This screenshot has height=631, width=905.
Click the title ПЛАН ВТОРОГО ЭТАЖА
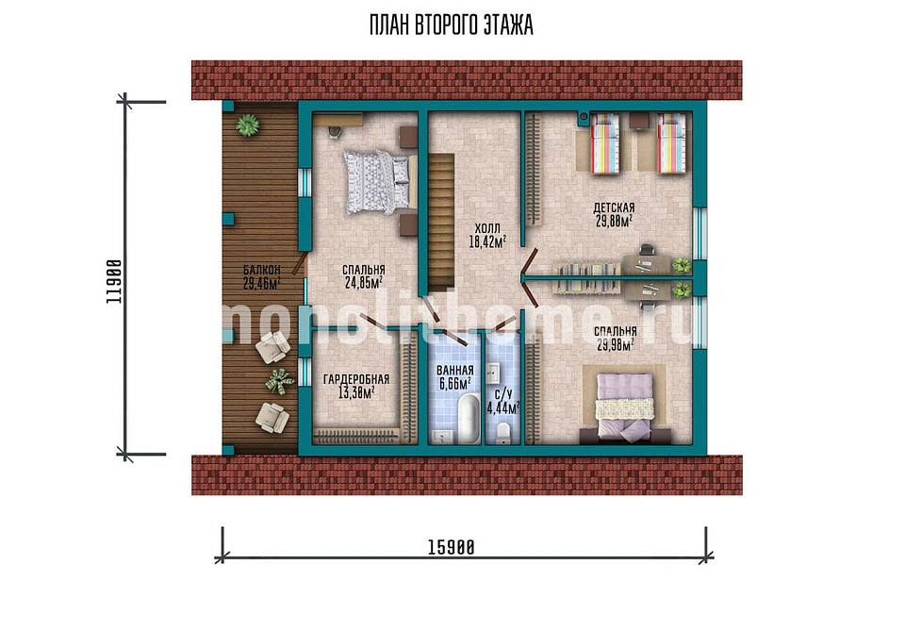452,25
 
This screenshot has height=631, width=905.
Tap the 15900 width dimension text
452,547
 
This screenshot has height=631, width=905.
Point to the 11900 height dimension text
114,282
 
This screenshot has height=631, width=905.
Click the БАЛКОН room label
261,270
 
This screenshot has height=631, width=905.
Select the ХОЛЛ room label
487,228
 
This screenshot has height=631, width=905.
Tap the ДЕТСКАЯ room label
614,208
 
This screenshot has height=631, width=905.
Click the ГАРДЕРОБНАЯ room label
356,379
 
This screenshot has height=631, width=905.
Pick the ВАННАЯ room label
454,371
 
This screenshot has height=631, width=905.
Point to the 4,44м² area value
503,408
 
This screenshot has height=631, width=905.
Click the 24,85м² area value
364,282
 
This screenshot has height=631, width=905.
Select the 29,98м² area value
616,344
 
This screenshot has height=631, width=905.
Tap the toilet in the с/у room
503,433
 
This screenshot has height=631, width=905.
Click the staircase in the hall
440,222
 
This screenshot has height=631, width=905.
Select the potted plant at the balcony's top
248,125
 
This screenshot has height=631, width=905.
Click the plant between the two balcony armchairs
280,382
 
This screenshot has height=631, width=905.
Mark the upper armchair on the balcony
272,347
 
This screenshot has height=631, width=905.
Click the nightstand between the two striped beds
638,120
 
